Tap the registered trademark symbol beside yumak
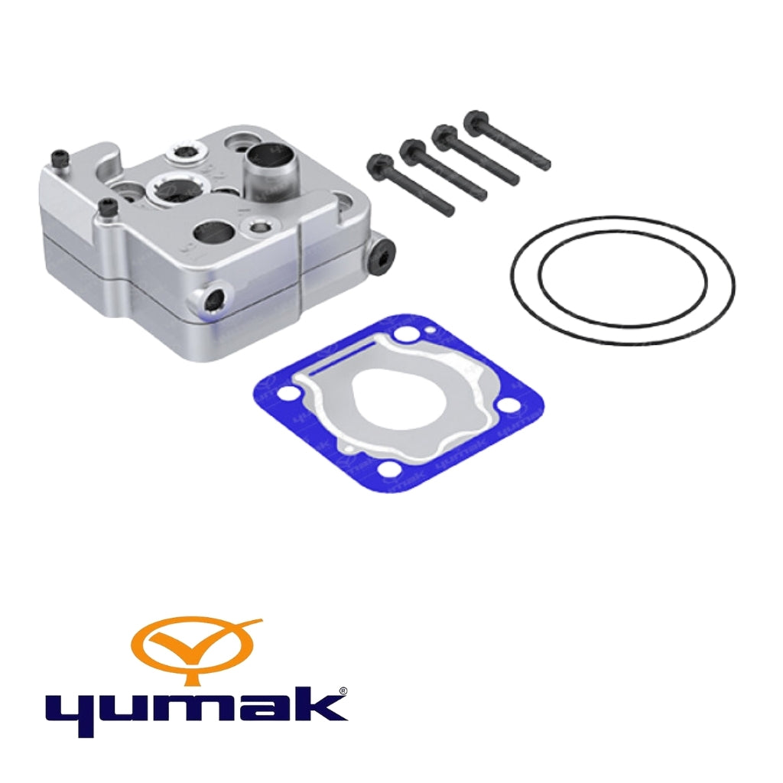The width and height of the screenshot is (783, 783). tap(343, 691)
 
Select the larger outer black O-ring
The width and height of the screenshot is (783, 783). tap(622, 280)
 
